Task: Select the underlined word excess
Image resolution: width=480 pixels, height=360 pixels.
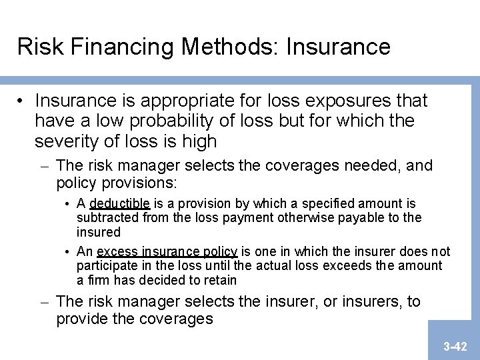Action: point(118,252)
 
